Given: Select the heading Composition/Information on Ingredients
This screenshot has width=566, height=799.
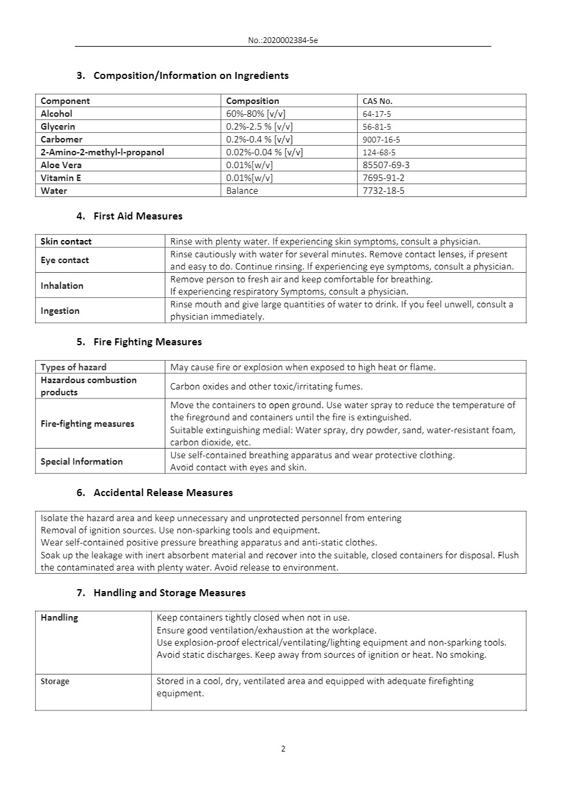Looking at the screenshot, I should [191, 76].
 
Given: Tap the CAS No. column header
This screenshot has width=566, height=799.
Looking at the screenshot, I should [378, 101].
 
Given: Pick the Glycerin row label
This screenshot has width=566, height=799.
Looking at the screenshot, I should [58, 126].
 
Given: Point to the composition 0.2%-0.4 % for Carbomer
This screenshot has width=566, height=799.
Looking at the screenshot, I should [260, 139].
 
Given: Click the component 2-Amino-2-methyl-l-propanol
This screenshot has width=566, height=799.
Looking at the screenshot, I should [103, 152].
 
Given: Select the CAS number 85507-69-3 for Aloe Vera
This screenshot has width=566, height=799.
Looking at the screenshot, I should [387, 165].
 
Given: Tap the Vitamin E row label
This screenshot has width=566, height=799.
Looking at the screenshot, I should [61, 178].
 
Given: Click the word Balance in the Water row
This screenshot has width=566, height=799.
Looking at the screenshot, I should [242, 191].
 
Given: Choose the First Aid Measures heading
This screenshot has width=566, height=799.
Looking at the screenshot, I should [138, 216].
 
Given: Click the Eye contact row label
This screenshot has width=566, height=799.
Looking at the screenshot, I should [65, 260].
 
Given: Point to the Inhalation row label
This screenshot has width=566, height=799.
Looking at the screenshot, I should [62, 286].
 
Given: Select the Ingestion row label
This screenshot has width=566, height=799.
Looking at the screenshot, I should [60, 311].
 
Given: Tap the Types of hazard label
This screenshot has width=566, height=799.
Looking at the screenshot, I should [74, 367].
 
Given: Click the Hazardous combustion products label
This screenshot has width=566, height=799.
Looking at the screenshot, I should [88, 386].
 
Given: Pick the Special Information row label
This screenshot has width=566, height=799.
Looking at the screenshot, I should [81, 461].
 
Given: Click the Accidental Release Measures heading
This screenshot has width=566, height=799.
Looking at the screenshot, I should [163, 493].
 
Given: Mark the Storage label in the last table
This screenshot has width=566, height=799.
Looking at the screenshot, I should [55, 681].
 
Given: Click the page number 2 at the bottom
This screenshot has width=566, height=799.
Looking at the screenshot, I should [283, 749].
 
